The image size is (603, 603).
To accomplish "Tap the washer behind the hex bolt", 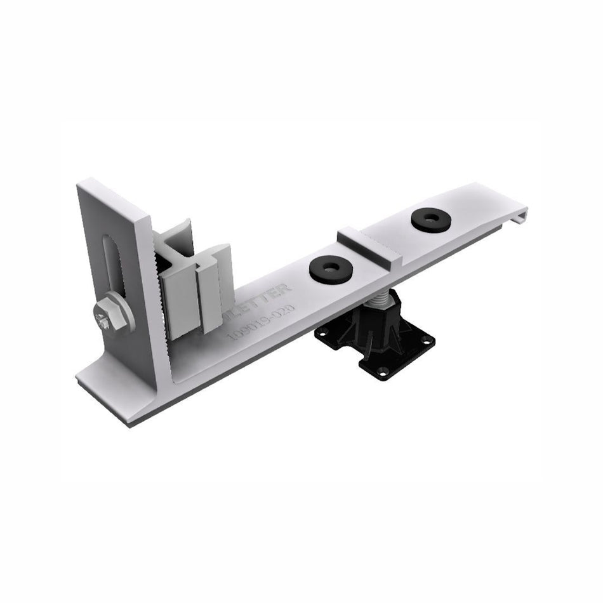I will click(x=121, y=312).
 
